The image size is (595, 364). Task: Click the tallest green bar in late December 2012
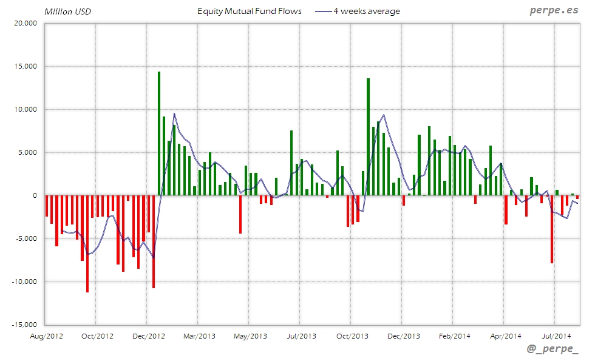[x=159, y=133]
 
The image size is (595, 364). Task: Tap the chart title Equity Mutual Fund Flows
[x=250, y=11]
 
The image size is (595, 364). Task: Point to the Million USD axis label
[x=67, y=12]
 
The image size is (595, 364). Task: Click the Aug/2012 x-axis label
[x=46, y=335]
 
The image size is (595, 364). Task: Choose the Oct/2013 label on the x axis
[x=352, y=335]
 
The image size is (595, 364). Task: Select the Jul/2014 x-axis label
[x=556, y=335]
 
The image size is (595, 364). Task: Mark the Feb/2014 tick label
[x=454, y=335]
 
